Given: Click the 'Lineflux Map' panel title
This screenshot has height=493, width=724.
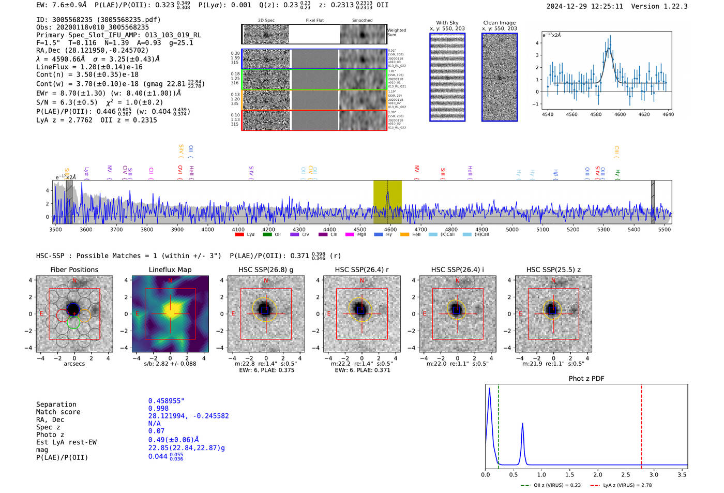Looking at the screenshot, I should (x=170, y=270).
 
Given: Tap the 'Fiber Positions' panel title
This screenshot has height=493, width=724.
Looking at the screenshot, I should (x=74, y=270).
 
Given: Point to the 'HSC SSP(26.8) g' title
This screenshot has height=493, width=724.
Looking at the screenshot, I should (x=266, y=270).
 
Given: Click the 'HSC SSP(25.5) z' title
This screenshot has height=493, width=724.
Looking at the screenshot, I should (x=553, y=270).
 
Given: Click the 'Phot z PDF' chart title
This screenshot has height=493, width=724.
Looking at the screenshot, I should (x=586, y=378).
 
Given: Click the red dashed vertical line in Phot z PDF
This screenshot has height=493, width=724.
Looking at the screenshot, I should (x=641, y=424).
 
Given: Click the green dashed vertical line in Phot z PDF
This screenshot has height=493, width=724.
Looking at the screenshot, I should (x=499, y=424).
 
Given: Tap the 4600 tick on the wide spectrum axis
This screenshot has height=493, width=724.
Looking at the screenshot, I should (x=390, y=230).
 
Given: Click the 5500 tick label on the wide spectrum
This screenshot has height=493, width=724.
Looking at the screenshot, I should (x=664, y=230).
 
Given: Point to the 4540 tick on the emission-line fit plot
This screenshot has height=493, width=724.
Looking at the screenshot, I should (x=547, y=114).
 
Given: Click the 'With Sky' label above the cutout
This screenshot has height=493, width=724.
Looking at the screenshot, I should (x=447, y=23).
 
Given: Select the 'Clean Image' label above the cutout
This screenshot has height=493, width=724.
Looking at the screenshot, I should (x=499, y=23).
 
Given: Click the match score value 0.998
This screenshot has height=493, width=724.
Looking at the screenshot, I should (x=158, y=408).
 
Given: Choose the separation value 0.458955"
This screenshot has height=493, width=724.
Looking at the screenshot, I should (x=166, y=401).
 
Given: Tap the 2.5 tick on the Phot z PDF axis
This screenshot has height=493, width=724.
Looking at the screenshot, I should (x=626, y=474).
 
